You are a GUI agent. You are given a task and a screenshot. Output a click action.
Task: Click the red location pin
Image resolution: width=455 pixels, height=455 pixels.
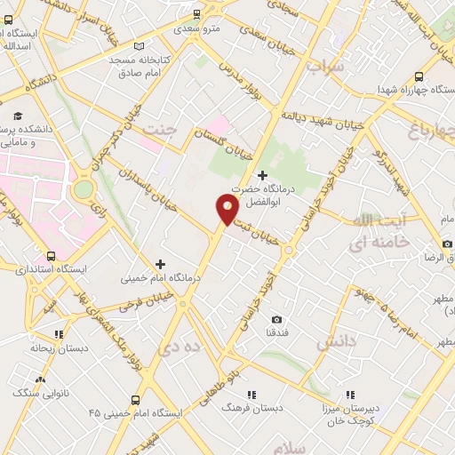pos(227,209)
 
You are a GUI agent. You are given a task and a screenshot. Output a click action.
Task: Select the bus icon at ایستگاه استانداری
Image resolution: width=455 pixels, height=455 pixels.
pos(50,254)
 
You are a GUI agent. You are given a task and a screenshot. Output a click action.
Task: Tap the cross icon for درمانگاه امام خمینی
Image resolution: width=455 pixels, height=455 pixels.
pos(160,263)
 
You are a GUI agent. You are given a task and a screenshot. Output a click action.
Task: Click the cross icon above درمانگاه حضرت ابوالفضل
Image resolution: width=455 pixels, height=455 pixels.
pos(261,176)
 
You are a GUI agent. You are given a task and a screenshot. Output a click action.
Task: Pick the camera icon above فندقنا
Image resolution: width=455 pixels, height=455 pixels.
pos(276,319)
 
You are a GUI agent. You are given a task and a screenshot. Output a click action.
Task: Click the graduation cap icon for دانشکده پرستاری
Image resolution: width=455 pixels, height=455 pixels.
pos(17,116)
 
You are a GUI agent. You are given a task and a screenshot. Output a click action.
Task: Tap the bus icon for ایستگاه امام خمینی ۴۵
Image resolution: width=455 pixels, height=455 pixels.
pos(135,400)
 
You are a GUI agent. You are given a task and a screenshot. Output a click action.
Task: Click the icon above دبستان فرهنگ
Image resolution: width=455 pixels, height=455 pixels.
pos(252,394)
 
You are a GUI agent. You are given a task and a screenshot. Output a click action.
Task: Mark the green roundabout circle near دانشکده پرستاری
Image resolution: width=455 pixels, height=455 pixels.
pos(83,188)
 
